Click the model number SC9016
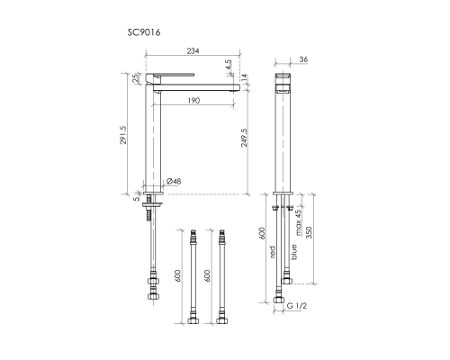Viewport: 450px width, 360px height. (144, 32)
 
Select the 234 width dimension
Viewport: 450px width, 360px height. (193, 50)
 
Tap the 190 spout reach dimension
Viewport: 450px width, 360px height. (193, 100)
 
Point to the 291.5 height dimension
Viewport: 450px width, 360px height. (123, 135)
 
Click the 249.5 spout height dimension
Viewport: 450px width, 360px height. (244, 138)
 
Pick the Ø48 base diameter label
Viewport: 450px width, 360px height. (174, 181)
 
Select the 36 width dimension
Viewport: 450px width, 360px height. (303, 59)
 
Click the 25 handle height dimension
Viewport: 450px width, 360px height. (136, 78)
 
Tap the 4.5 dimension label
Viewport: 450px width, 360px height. (229, 65)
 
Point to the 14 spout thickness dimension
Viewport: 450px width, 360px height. (244, 77)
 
